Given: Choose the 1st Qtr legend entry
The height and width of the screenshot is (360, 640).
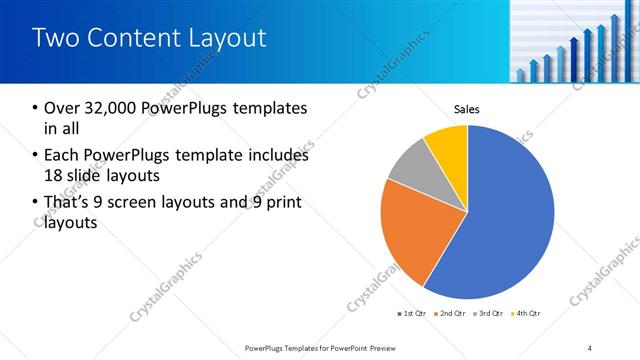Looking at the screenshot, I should pyautogui.click(x=412, y=314).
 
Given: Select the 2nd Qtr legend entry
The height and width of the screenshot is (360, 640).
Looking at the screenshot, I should pyautogui.click(x=450, y=314).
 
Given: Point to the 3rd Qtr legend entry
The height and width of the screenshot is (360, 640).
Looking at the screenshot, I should pyautogui.click(x=488, y=314).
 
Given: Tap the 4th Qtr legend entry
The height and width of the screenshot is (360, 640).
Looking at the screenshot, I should pyautogui.click(x=526, y=314).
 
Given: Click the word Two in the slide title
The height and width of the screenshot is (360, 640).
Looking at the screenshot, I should pyautogui.click(x=55, y=38).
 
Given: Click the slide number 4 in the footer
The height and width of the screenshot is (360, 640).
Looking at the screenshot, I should pyautogui.click(x=590, y=348).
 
